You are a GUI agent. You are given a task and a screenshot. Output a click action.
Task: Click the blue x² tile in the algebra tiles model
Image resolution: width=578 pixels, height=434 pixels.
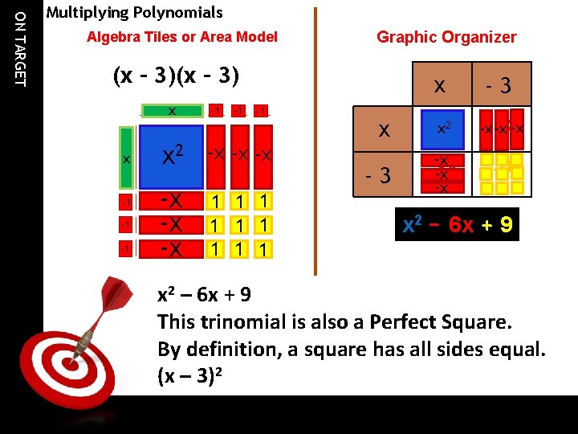[171, 156]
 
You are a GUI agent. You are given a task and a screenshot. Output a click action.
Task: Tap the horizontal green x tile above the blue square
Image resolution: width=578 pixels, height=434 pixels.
[171, 110]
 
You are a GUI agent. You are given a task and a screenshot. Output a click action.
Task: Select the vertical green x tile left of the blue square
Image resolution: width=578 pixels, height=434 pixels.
[126, 158]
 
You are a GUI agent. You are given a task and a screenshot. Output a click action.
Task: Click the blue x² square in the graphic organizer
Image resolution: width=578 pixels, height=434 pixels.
[442, 129]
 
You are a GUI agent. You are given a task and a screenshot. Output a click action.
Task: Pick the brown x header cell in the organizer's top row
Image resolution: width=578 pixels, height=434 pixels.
[440, 85]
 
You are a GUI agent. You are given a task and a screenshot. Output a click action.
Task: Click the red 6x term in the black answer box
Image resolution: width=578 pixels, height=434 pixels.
[462, 225]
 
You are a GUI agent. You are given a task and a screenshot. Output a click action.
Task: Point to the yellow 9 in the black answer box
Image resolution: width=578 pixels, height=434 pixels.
[506, 225]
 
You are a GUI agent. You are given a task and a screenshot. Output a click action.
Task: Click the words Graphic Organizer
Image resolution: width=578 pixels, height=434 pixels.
[446, 37]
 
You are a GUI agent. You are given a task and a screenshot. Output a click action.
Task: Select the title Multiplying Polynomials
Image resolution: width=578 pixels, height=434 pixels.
[134, 13]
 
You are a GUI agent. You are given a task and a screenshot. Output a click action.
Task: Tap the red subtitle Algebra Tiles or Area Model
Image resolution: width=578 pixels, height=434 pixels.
[182, 37]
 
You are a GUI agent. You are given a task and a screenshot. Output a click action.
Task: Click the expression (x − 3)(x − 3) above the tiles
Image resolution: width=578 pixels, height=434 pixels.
[177, 76]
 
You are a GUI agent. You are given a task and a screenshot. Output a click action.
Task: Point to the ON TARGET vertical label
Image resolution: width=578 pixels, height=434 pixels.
[21, 45]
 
